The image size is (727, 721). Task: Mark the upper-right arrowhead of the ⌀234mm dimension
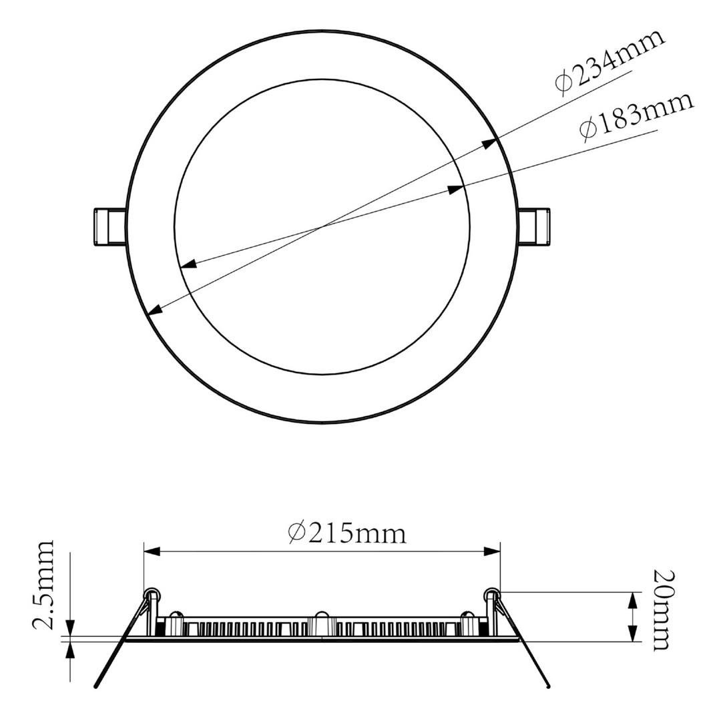click(490, 143)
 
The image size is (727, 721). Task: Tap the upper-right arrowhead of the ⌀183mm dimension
click(456, 190)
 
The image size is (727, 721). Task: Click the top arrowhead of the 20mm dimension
click(632, 599)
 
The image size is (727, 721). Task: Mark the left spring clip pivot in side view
click(152, 593)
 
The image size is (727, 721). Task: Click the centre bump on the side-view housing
click(321, 615)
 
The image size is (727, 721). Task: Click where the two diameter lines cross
click(322, 227)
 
